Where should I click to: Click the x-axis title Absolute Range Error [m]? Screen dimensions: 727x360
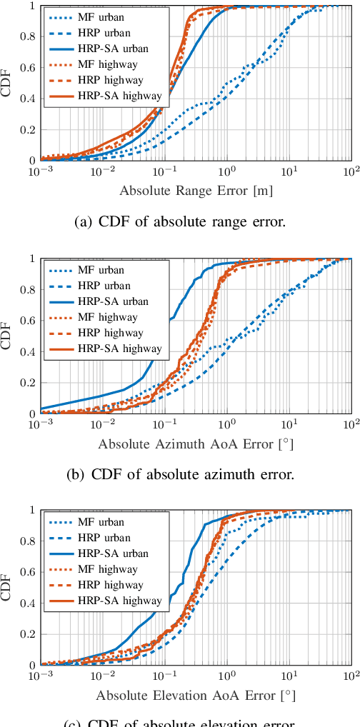(x=196, y=191)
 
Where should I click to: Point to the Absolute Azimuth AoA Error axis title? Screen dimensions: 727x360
(x=196, y=444)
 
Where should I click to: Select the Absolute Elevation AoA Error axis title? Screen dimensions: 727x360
(x=196, y=695)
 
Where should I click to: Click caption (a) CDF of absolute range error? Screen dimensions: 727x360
(x=180, y=222)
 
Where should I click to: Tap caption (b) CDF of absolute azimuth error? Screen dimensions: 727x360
(x=180, y=474)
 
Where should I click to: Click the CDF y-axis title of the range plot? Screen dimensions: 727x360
(x=6, y=82)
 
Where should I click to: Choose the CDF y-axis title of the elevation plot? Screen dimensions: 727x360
(x=6, y=587)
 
